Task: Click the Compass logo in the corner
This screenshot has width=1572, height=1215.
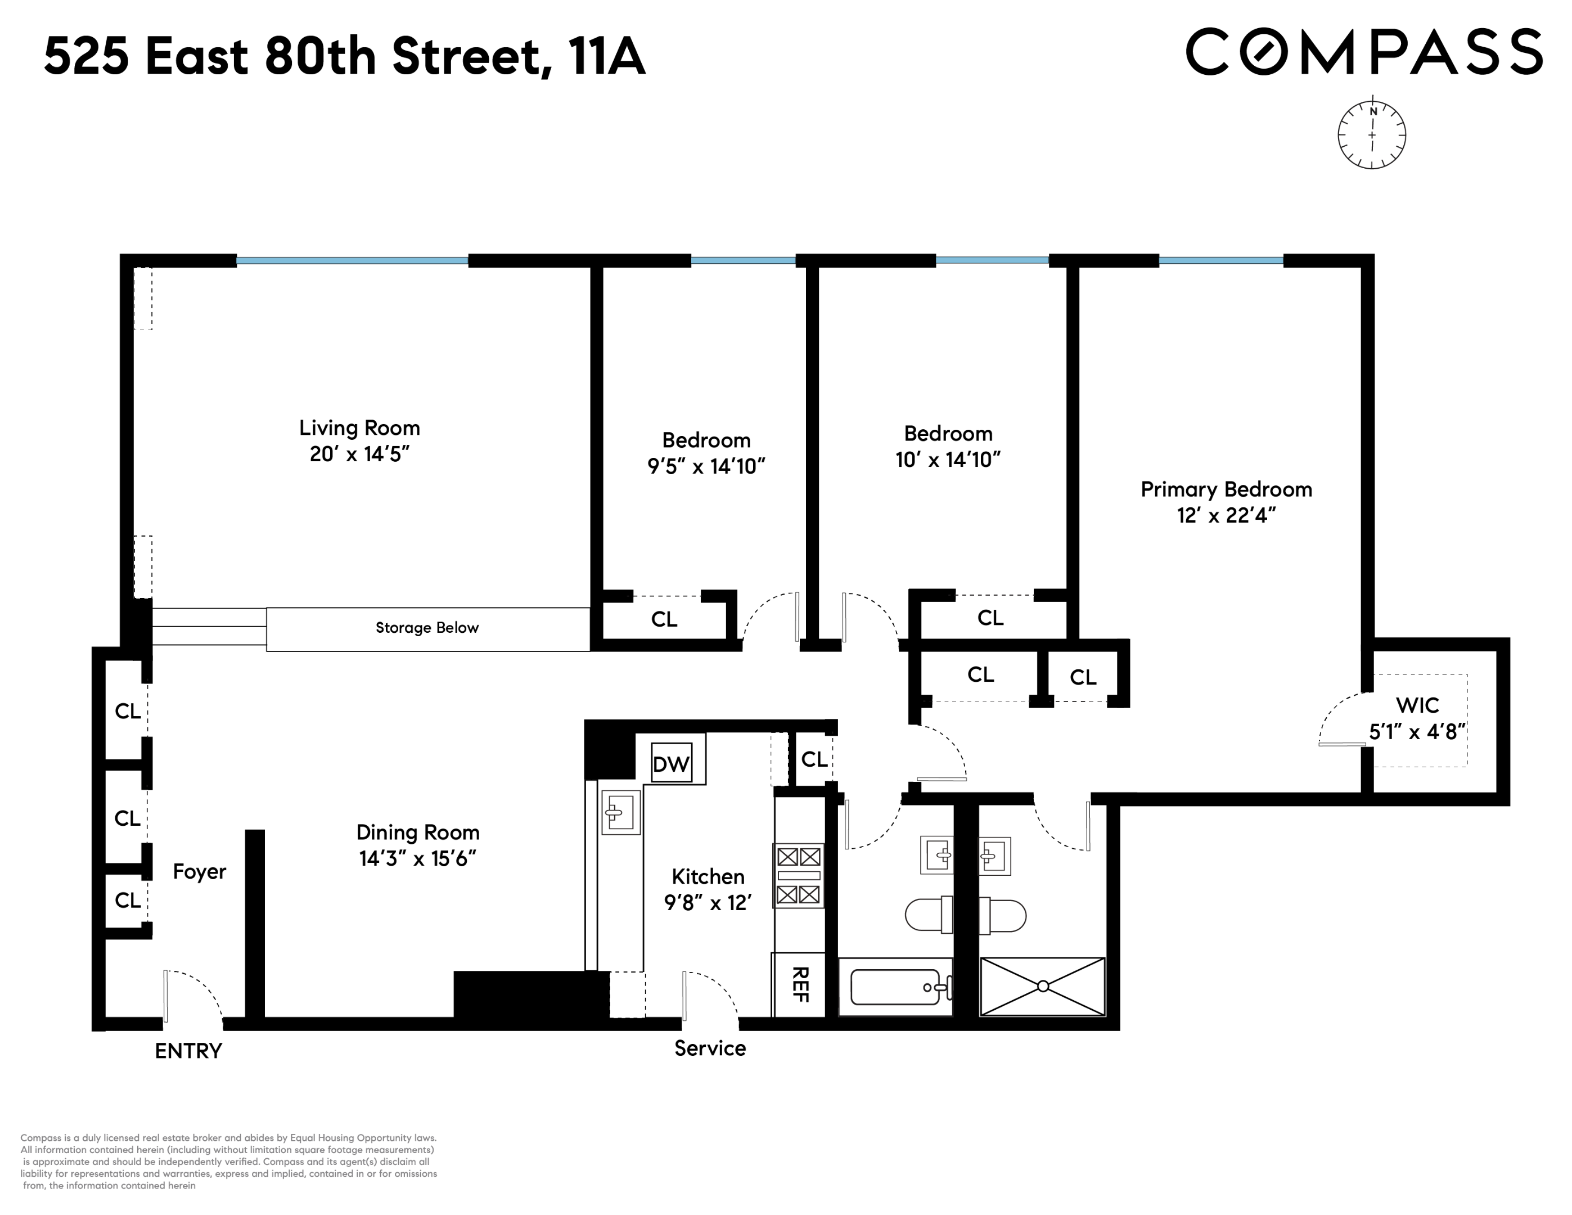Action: [x=1363, y=52]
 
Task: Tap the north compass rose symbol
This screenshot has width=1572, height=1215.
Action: [x=1372, y=134]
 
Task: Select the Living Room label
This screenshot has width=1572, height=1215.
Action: [x=359, y=428]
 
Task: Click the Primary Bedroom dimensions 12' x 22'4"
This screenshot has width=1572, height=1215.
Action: [x=1226, y=515]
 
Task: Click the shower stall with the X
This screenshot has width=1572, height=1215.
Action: [x=1042, y=986]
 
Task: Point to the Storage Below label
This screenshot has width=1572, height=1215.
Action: [x=427, y=628]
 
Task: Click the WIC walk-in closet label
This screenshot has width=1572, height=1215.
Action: [x=1417, y=705]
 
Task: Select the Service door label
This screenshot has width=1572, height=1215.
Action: [x=710, y=1048]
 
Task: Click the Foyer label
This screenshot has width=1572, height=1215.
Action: [x=199, y=872]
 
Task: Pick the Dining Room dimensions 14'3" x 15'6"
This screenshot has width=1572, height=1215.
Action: [x=417, y=859]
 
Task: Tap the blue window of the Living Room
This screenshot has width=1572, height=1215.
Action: [x=353, y=260]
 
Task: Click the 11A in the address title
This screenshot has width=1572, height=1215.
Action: [x=606, y=57]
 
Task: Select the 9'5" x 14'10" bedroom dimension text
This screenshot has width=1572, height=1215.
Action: [x=705, y=466]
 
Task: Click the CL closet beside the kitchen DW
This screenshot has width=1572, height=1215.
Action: [x=814, y=759]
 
